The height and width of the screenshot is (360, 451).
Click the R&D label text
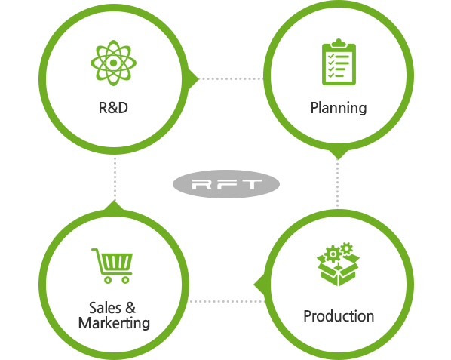click(113, 108)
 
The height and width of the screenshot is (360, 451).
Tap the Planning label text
click(339, 109)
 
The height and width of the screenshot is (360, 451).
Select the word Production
click(339, 316)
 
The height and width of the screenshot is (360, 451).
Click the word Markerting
click(114, 323)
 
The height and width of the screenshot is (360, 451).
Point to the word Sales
click(105, 308)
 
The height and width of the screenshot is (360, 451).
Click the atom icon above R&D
click(113, 63)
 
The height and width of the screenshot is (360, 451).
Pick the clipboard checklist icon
click(339, 62)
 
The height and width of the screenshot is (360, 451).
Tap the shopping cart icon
click(112, 266)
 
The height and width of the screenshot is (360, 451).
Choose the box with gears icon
click(338, 264)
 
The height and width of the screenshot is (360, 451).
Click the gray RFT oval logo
click(226, 184)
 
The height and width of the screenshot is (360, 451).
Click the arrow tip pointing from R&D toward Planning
click(198, 78)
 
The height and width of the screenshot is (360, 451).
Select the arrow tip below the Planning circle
click(338, 158)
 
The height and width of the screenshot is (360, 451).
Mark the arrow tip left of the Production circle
click(254, 285)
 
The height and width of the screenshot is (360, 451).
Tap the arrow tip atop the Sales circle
click(114, 201)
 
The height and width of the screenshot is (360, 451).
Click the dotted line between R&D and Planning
click(231, 78)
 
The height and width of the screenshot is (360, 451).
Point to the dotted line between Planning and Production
click(338, 183)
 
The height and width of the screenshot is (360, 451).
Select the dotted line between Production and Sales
click(227, 301)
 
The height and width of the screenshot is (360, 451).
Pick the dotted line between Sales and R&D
click(115, 177)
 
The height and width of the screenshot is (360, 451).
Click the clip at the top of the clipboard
click(339, 43)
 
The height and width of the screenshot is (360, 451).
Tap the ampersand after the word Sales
click(130, 308)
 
